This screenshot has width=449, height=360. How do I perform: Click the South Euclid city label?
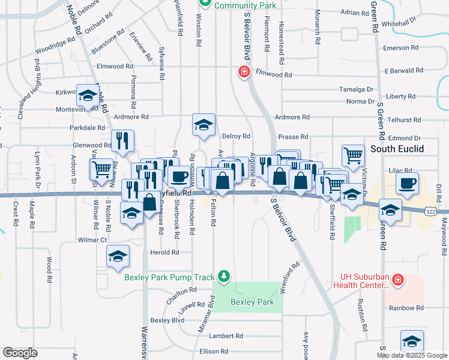[398, 148]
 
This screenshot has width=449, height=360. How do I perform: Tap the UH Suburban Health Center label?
[361, 281]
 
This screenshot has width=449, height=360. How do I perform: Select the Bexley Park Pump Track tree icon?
[224, 275]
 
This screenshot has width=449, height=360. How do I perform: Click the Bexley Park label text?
[252, 302]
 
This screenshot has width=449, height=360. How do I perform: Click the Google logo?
[20, 353]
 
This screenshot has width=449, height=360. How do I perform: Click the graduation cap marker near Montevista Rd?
[88, 95]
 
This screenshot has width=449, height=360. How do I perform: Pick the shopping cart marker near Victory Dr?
[353, 156]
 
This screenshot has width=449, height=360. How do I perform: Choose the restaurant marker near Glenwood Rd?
[122, 141]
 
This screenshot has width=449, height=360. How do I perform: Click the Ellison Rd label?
[214, 351]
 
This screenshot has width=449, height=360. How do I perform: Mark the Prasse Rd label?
[293, 137]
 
